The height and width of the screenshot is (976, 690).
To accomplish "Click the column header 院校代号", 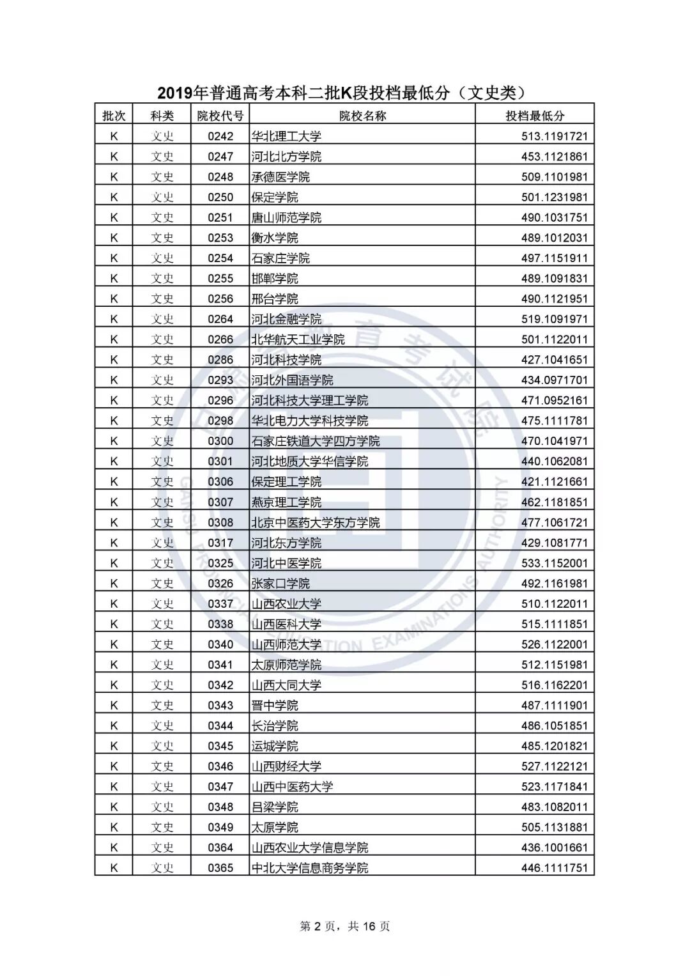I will pyautogui.click(x=220, y=116).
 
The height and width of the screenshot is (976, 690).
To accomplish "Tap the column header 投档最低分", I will pyautogui.click(x=535, y=116).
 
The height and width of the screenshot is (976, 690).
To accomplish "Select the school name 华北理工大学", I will pyautogui.click(x=286, y=136).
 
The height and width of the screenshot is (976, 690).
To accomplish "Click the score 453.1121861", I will pyautogui.click(x=554, y=157).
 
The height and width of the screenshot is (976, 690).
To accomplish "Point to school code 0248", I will pyautogui.click(x=220, y=177).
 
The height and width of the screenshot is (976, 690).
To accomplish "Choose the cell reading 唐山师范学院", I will pyautogui.click(x=286, y=217).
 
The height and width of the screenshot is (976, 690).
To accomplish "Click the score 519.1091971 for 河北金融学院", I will pyautogui.click(x=554, y=319).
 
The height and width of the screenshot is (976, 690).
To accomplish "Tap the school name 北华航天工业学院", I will pyautogui.click(x=298, y=339).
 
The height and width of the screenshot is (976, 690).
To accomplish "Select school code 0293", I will pyautogui.click(x=220, y=380).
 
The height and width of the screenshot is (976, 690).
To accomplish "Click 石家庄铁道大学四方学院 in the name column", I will pyautogui.click(x=316, y=441).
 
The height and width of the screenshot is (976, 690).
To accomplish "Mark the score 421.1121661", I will pyautogui.click(x=554, y=482).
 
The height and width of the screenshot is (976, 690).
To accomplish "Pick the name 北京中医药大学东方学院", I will pyautogui.click(x=316, y=522).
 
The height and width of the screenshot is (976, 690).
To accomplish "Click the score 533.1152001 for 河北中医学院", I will pyautogui.click(x=554, y=563).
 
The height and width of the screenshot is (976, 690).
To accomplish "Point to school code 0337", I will pyautogui.click(x=220, y=604).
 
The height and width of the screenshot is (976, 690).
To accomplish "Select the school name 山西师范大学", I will pyautogui.click(x=286, y=644).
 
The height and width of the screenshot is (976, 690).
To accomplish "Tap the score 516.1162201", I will pyautogui.click(x=554, y=685).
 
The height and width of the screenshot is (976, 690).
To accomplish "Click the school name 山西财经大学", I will pyautogui.click(x=286, y=766).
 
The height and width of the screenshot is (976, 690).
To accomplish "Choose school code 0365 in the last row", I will pyautogui.click(x=220, y=868).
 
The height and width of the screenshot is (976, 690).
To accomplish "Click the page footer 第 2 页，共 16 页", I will pyautogui.click(x=345, y=926).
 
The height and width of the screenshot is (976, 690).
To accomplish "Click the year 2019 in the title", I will pyautogui.click(x=174, y=93).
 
